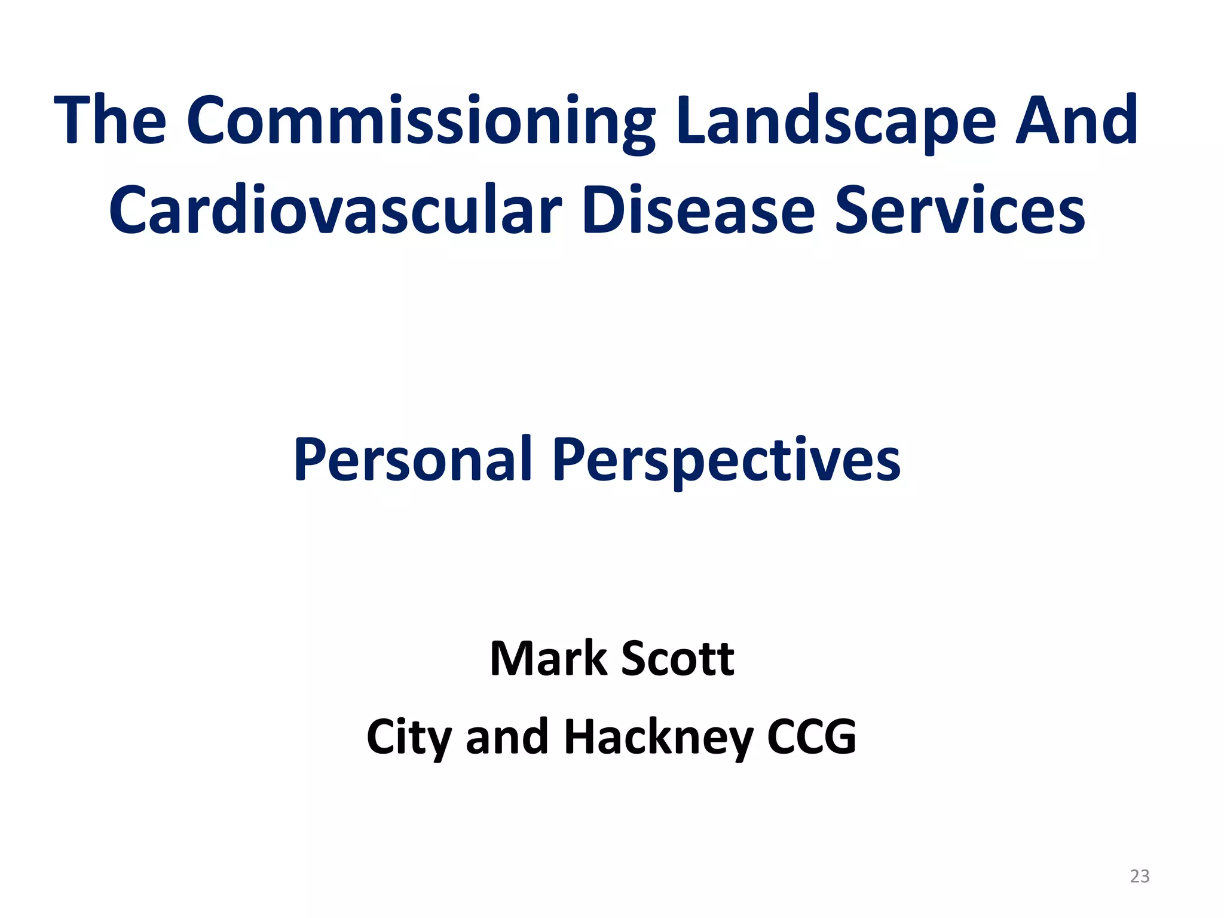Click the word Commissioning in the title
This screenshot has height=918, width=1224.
click(421, 121)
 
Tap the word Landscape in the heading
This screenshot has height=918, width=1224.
click(837, 121)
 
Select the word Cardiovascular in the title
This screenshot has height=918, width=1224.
click(335, 210)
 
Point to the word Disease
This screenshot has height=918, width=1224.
click(698, 210)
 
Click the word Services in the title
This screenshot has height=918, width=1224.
click(959, 210)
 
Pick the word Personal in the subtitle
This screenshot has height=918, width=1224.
click(413, 459)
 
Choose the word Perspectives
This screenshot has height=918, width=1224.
click(726, 459)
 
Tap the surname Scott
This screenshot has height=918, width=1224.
click(678, 659)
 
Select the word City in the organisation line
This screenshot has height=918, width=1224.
click(409, 737)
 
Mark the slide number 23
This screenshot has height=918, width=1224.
click(1140, 876)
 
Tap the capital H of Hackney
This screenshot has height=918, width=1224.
click(581, 737)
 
